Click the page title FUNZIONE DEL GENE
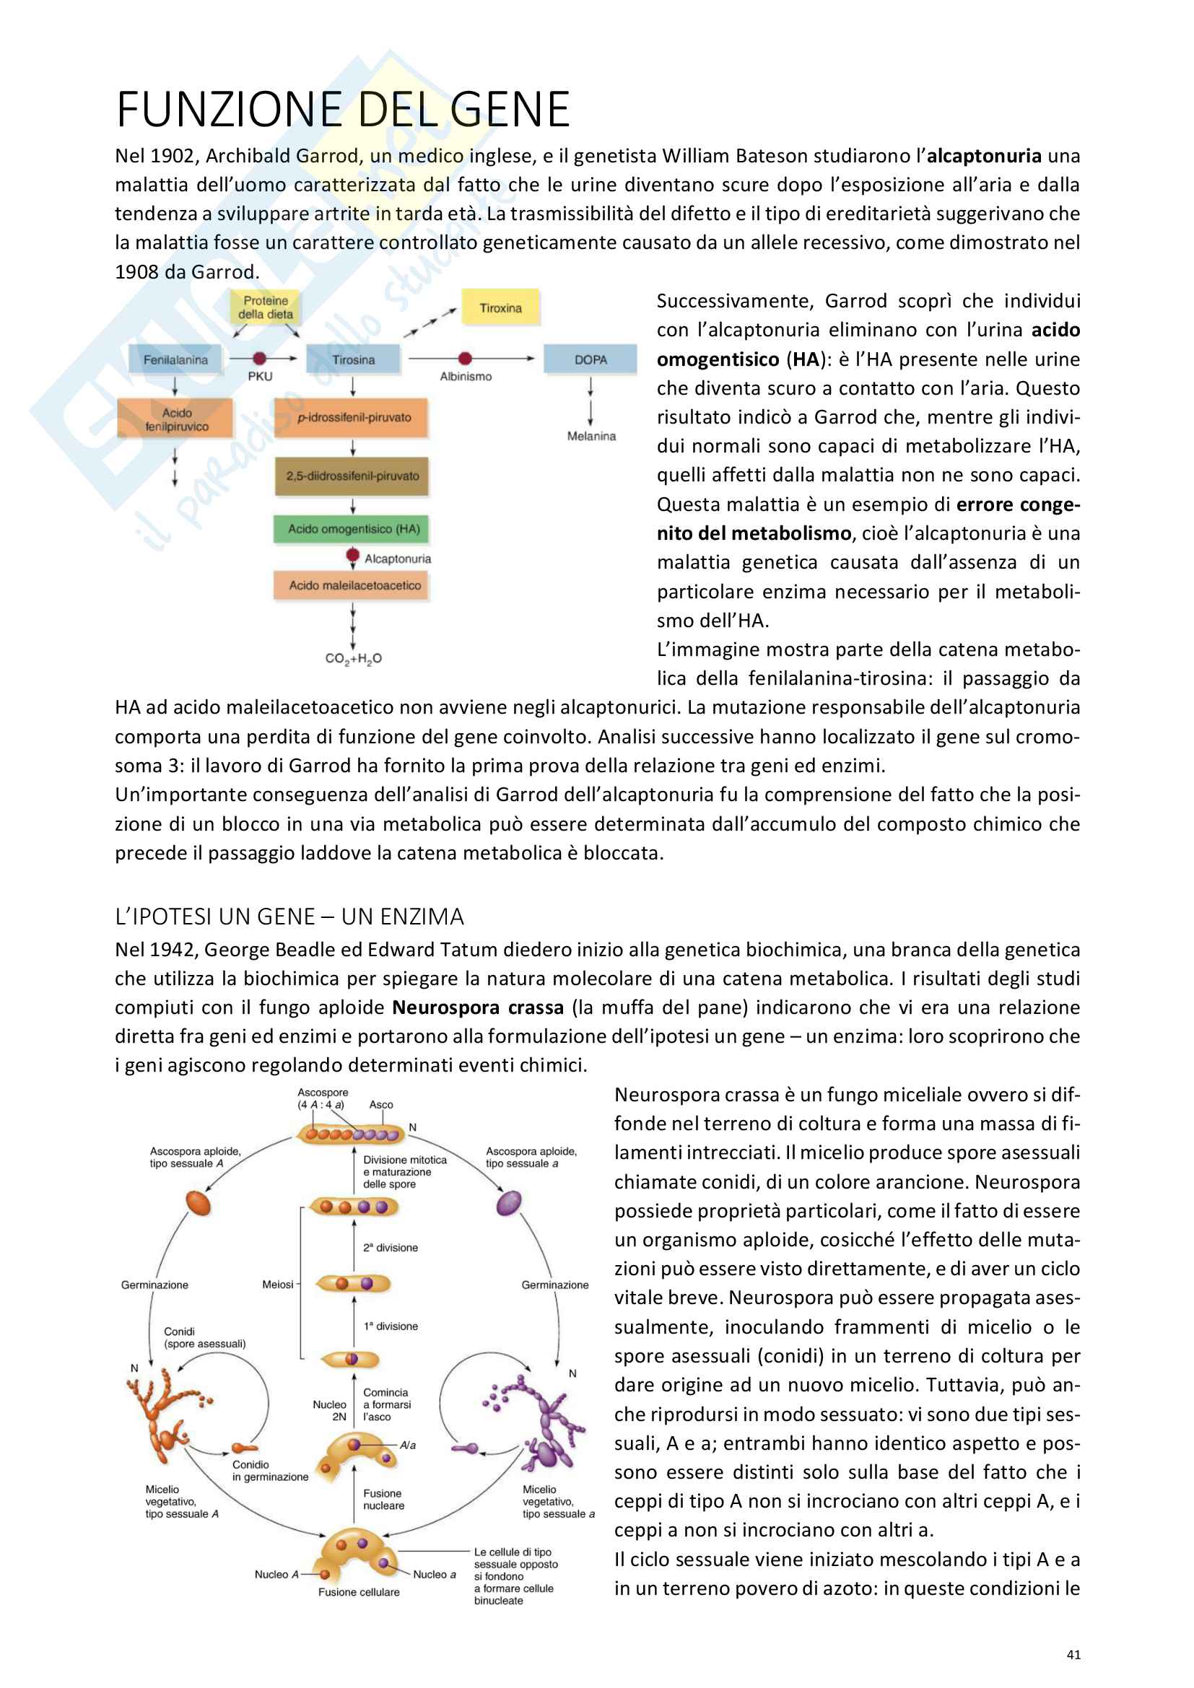click(343, 110)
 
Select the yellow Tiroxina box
click(500, 308)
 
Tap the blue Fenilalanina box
click(175, 359)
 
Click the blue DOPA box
click(591, 359)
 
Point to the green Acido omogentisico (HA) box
click(353, 528)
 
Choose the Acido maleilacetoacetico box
click(354, 585)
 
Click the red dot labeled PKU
click(260, 358)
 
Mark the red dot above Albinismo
click(465, 358)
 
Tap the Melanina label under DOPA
click(591, 436)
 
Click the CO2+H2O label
click(353, 658)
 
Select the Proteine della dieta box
click(266, 307)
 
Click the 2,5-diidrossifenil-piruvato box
click(352, 476)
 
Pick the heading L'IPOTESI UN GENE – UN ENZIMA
click(289, 916)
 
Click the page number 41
click(1073, 1654)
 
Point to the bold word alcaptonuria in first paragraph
click(984, 156)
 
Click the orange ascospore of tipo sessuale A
click(199, 1204)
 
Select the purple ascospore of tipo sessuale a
click(509, 1204)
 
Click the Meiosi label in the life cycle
click(277, 1285)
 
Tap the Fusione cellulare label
click(359, 1592)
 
